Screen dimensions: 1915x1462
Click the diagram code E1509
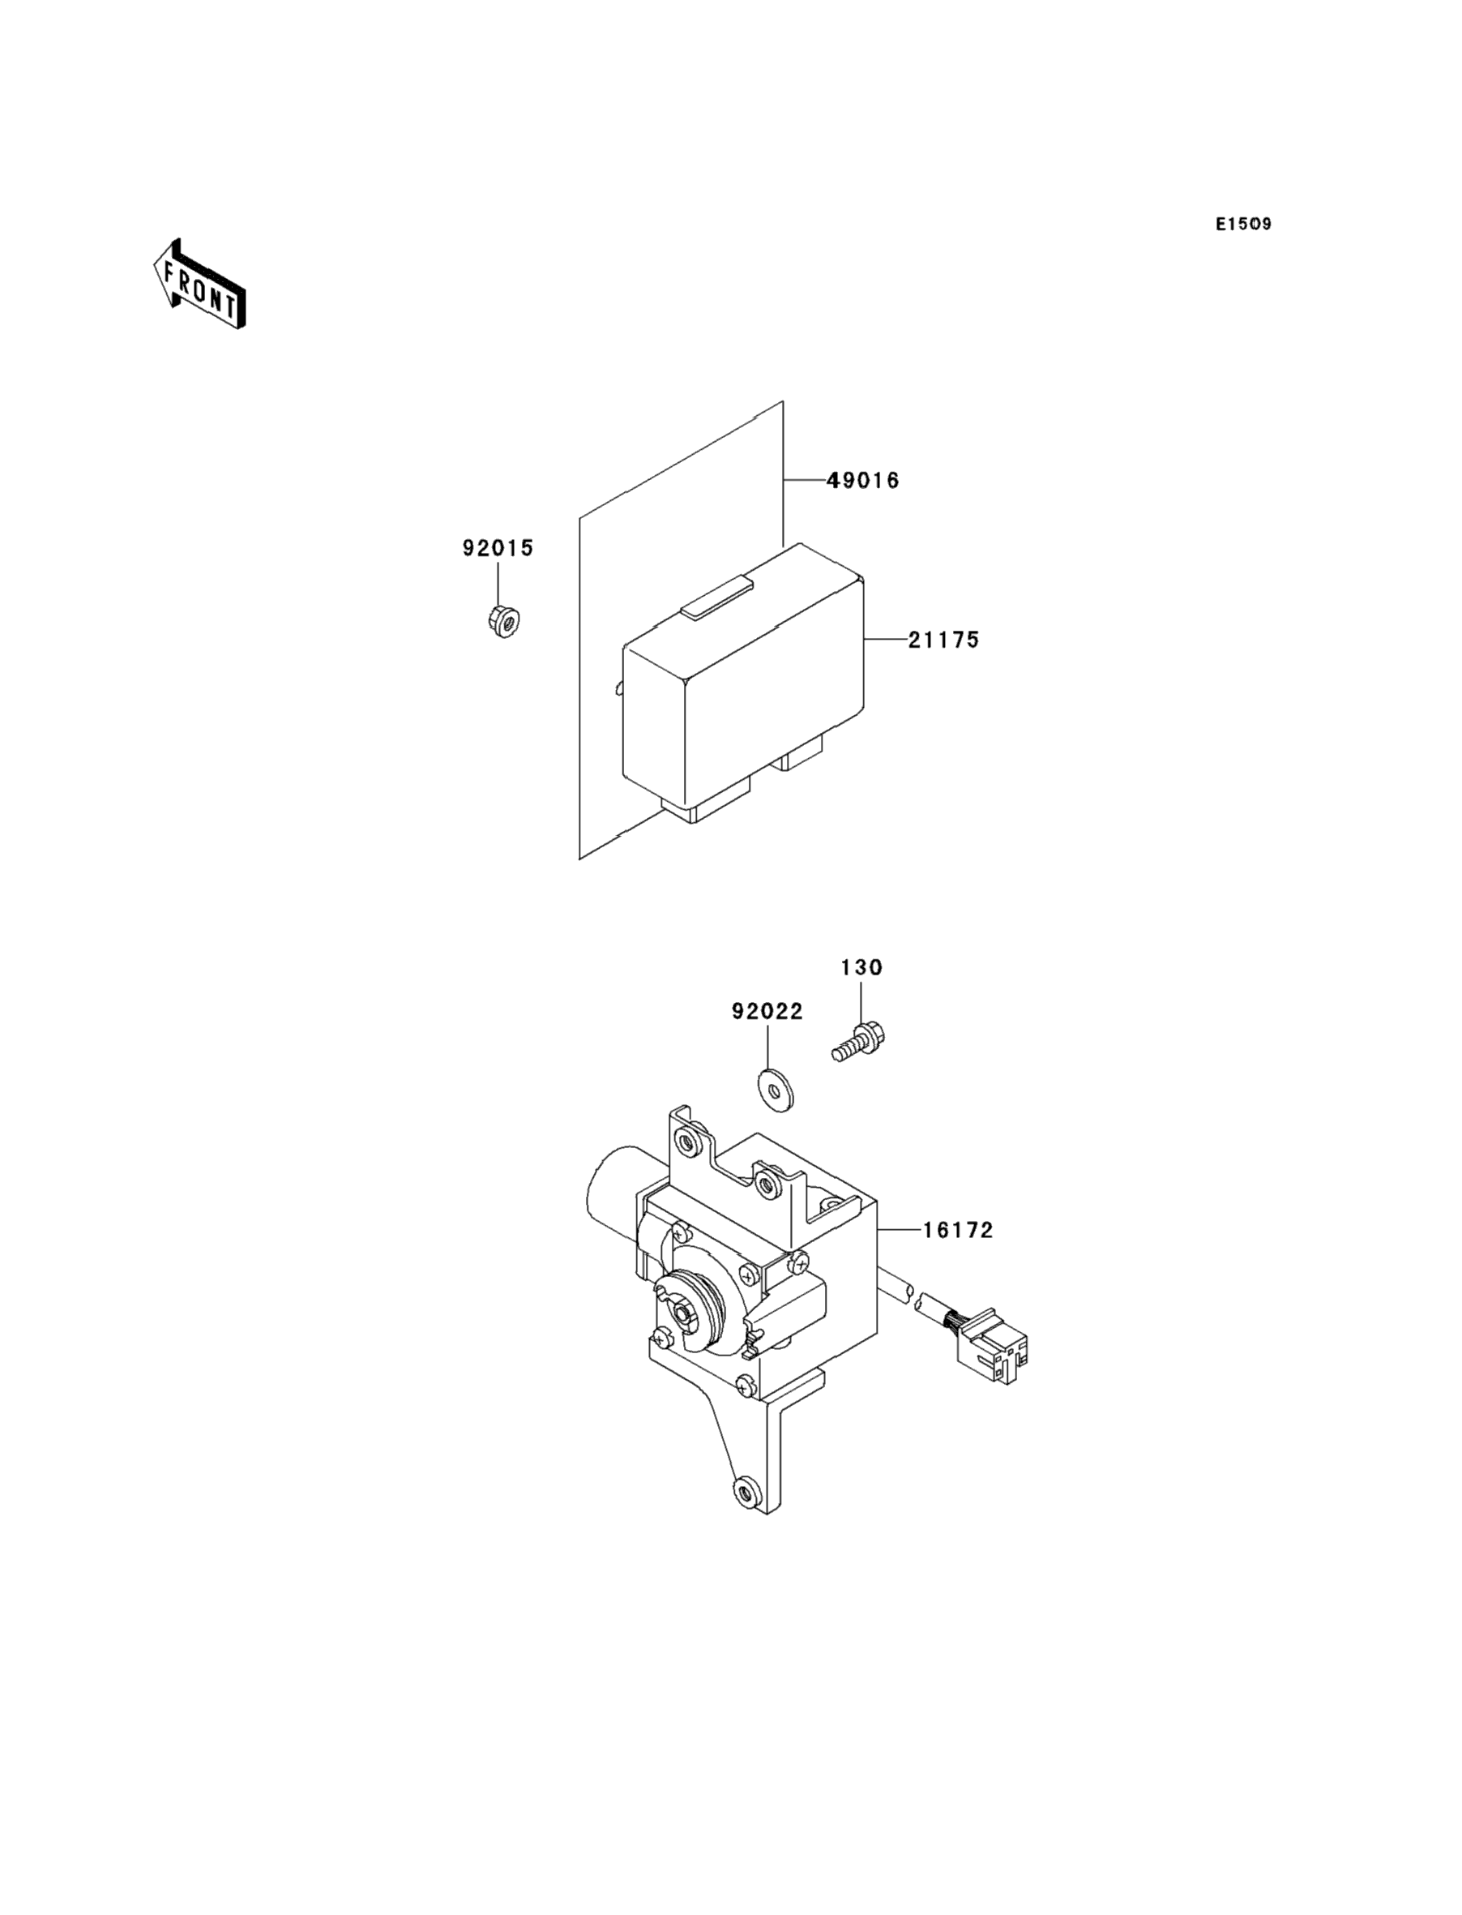(1243, 225)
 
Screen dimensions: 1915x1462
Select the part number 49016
(862, 481)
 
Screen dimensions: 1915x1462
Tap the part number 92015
(498, 548)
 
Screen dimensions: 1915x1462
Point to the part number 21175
(943, 640)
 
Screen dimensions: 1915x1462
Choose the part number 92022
(767, 1012)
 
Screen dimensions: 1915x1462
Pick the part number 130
(861, 967)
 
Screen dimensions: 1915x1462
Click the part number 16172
(957, 1230)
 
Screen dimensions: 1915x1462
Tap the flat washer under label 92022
(775, 1090)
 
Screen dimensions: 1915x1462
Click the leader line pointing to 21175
(885, 640)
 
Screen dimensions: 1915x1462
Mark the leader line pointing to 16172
(898, 1230)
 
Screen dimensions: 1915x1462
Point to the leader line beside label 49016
(802, 481)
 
